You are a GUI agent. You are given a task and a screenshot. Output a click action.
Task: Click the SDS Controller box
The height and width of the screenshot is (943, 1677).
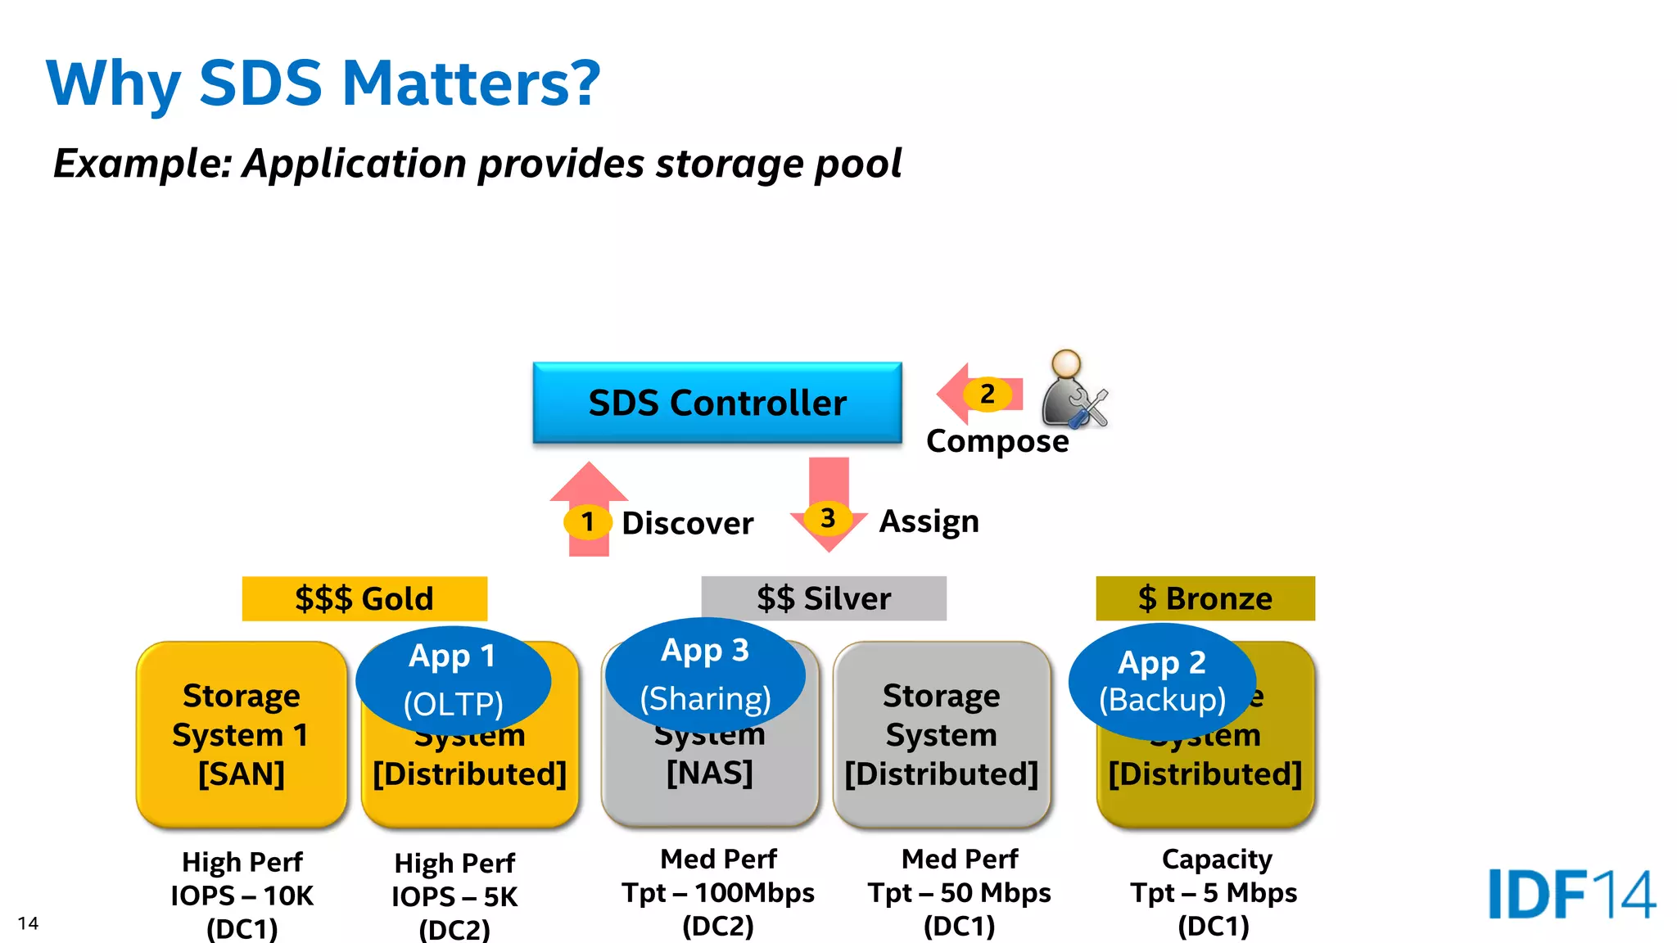click(717, 403)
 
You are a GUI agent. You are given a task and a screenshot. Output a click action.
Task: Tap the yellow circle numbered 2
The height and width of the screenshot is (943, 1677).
click(988, 395)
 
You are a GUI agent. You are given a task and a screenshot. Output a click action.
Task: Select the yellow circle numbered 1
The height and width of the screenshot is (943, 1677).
click(587, 521)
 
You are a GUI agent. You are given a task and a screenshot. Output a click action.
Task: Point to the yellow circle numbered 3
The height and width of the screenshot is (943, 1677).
click(828, 518)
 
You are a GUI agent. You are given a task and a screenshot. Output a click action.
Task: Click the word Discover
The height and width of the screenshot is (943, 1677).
click(687, 523)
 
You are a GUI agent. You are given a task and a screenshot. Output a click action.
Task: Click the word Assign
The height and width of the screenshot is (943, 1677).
click(929, 521)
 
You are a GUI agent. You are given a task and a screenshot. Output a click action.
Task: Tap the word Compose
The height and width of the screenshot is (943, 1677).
click(997, 441)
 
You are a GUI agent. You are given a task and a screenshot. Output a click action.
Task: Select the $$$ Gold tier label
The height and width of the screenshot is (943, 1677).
click(364, 598)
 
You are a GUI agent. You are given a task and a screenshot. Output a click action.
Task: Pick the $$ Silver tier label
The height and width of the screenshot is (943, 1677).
click(823, 598)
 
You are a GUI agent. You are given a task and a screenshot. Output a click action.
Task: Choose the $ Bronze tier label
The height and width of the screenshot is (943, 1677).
click(1205, 598)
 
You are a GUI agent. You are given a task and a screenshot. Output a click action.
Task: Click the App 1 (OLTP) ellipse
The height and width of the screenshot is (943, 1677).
click(453, 680)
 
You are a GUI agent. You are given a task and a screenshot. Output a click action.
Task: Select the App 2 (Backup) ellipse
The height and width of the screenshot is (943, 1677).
click(1161, 680)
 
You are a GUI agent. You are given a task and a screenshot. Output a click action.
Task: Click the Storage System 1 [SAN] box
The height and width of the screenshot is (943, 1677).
click(242, 734)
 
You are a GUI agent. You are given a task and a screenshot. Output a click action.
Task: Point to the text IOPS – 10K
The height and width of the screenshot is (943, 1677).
click(242, 896)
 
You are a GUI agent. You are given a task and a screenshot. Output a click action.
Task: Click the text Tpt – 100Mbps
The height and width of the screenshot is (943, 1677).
click(717, 892)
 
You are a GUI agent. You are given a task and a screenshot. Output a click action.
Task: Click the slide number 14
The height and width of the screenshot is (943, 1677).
click(28, 923)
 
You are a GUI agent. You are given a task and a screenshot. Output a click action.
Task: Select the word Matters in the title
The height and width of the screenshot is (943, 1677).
click(471, 83)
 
